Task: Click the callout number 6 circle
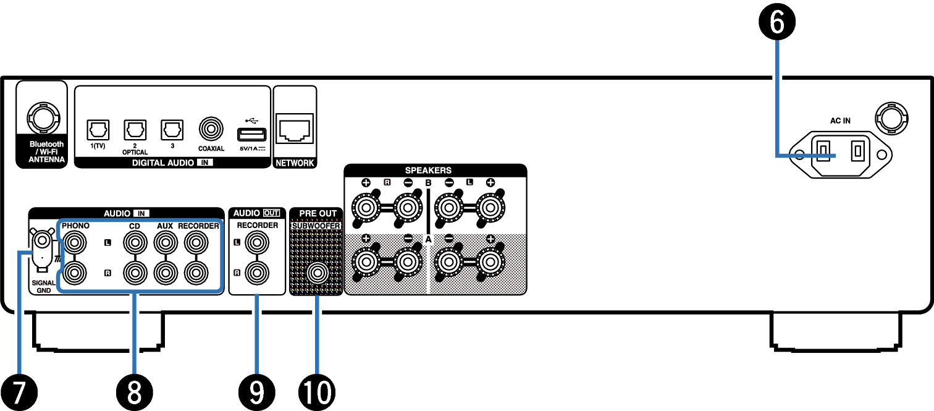coord(777,22)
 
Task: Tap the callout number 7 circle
coord(19,392)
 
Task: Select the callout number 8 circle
coord(134,392)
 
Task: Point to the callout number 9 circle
coord(256,392)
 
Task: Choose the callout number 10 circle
coord(317,392)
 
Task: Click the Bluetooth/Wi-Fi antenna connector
coord(43,119)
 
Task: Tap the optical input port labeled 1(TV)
coord(98,130)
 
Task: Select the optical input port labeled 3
coord(172,130)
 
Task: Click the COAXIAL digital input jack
coord(211,129)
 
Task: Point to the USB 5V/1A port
coord(251,135)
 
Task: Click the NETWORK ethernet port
coord(295,129)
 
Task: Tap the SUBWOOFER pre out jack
coord(318,273)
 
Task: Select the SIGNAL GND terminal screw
coord(43,240)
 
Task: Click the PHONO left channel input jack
coord(74,242)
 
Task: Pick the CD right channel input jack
coord(135,273)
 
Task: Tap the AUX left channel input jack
coord(166,242)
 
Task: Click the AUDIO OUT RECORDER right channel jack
coord(257,273)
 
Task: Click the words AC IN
coord(840,121)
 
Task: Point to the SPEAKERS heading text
coord(428,170)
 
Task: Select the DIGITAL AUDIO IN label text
coord(172,163)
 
